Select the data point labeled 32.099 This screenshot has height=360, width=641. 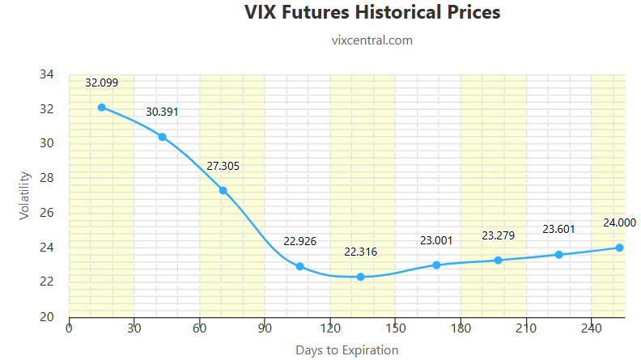pyautogui.click(x=102, y=107)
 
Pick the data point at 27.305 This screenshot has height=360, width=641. pyautogui.click(x=223, y=190)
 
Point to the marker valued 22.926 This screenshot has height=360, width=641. pyautogui.click(x=300, y=266)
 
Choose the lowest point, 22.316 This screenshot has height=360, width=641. pyautogui.click(x=361, y=277)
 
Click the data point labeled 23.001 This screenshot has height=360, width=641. pyautogui.click(x=437, y=265)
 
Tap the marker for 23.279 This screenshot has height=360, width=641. pyautogui.click(x=499, y=260)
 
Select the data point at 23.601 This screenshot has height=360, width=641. pyautogui.click(x=558, y=254)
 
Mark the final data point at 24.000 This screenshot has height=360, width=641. pyautogui.click(x=619, y=248)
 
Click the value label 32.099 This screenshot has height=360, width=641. pyautogui.click(x=102, y=83)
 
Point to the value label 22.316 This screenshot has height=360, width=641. pyautogui.click(x=360, y=252)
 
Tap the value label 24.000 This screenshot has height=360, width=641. pyautogui.click(x=619, y=222)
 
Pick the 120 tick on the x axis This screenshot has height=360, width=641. pyautogui.click(x=330, y=328)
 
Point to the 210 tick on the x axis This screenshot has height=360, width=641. pyautogui.click(x=526, y=328)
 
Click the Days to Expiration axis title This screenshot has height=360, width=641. pyautogui.click(x=346, y=350)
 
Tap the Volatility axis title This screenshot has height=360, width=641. pyautogui.click(x=24, y=195)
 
